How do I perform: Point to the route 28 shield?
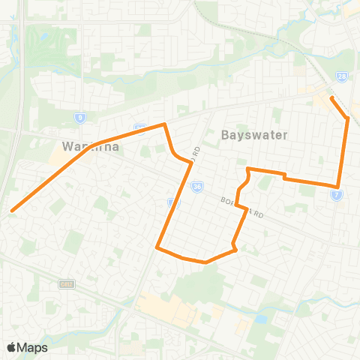341,76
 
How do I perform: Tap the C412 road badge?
65,283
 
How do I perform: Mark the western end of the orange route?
12,211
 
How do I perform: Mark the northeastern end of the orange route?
331,97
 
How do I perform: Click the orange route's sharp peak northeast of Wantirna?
164,124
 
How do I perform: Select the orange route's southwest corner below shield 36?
156,247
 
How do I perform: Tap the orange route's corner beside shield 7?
338,187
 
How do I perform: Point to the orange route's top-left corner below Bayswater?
248,169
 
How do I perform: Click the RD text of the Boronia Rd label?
259,214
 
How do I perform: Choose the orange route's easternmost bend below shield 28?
348,118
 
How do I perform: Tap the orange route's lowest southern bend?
205,262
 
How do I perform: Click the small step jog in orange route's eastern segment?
283,176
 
